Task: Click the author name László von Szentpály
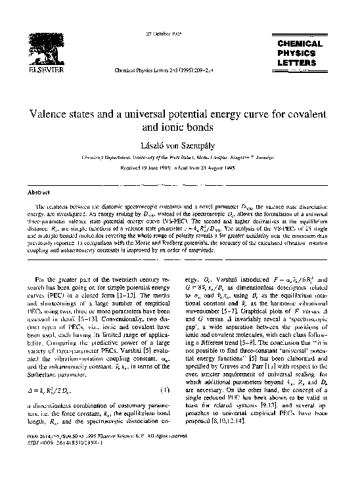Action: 179,145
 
